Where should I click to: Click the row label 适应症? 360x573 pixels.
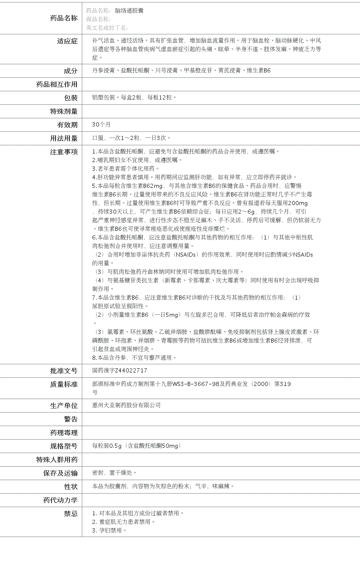[67, 41]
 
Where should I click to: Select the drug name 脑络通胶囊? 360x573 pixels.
[129, 11]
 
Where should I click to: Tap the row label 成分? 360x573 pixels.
[70, 71]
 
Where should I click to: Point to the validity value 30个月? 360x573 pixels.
[101, 124]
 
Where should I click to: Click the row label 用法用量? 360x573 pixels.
[64, 138]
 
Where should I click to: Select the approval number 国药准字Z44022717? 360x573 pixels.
[119, 370]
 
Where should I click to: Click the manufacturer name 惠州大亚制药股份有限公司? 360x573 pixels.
[126, 405]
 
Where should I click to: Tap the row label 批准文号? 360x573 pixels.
[64, 371]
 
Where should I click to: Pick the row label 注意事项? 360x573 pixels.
[64, 152]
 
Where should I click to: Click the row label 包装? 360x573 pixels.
[70, 98]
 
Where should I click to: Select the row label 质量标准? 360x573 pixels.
[64, 384]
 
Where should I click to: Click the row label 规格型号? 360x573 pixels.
[64, 446]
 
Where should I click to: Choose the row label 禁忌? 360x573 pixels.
[70, 514]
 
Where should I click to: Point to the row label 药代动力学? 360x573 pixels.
[61, 500]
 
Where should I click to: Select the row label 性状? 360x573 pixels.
[70, 487]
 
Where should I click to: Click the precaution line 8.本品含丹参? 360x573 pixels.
[134, 358]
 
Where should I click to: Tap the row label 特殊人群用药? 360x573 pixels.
[57, 460]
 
